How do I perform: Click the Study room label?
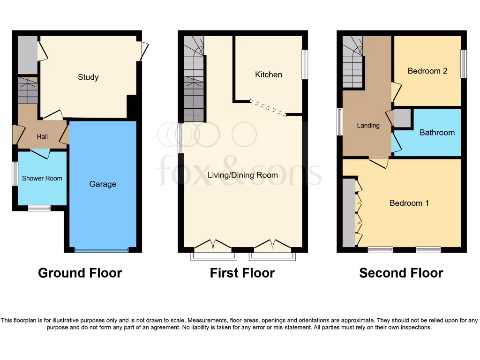[x=88, y=77]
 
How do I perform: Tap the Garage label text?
[x=103, y=184]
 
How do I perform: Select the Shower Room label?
[x=42, y=178]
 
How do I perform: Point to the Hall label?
[x=42, y=136]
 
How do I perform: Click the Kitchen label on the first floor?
[x=269, y=75]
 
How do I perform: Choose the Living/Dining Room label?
[x=242, y=175]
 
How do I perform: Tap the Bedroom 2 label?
[x=427, y=71]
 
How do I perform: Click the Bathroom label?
[x=437, y=133]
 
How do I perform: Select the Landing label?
[x=368, y=125]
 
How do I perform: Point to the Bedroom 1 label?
[x=409, y=203]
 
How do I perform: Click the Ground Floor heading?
[x=80, y=273]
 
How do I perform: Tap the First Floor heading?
[x=242, y=273]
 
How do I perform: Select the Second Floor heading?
[x=401, y=273]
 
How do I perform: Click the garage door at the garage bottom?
[x=101, y=250]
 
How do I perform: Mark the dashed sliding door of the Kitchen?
[x=268, y=107]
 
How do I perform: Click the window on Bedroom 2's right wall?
[x=463, y=64]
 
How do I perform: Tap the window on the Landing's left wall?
[x=340, y=121]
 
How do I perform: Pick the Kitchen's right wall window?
[x=304, y=64]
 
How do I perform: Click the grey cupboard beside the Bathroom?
[x=402, y=118]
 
